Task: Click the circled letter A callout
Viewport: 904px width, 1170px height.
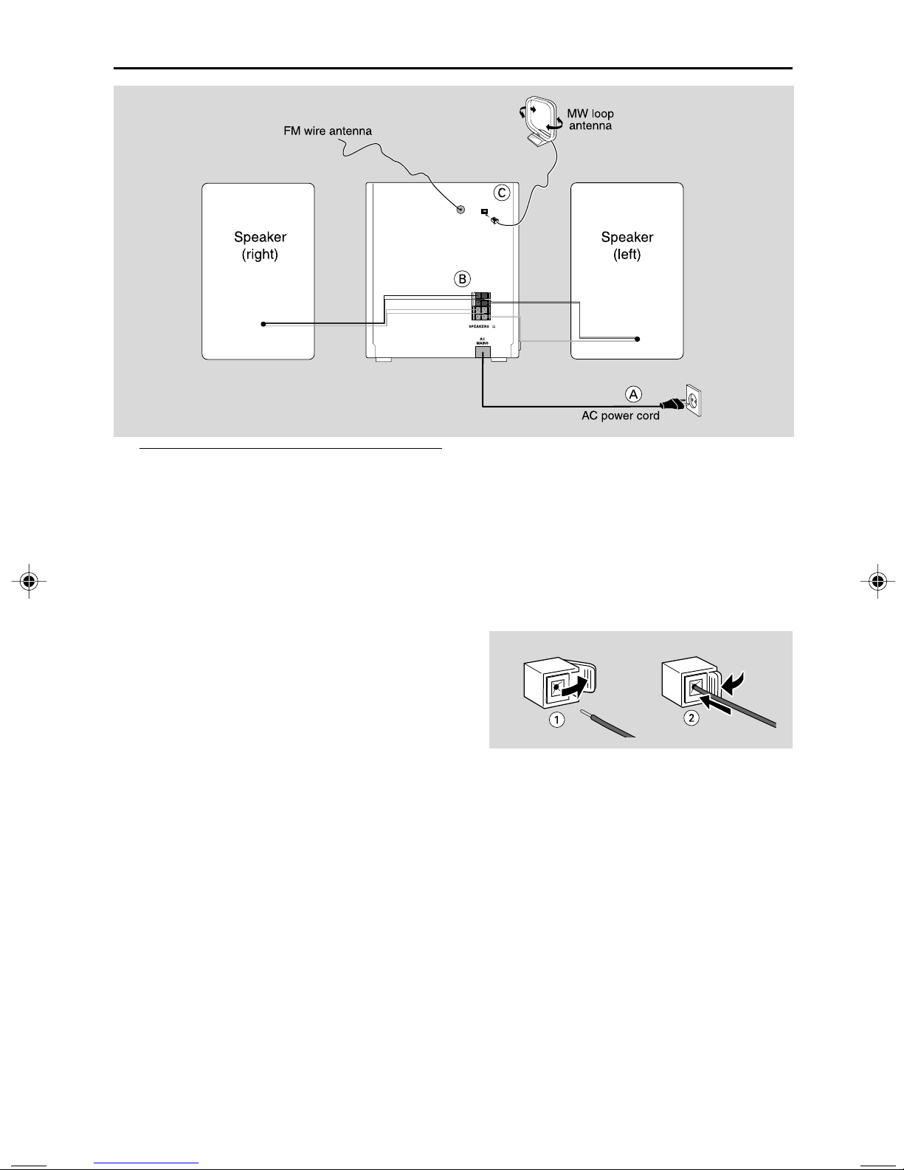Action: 633,394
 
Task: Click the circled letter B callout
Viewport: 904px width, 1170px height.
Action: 462,279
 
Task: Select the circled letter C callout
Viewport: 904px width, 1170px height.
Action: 501,193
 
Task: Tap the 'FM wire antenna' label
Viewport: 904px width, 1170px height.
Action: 328,131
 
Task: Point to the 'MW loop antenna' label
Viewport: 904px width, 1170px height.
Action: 590,120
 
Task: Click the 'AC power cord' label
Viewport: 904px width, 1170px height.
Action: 620,416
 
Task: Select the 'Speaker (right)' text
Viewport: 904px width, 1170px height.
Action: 260,246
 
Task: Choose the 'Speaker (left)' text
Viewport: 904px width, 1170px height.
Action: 627,246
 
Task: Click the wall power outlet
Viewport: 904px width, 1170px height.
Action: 694,402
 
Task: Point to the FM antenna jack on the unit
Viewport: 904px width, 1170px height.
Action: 460,209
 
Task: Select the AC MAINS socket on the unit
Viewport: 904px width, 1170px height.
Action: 482,353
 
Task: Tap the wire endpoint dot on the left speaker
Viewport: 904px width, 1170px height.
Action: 638,339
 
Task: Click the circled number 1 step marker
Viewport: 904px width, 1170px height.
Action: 556,719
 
